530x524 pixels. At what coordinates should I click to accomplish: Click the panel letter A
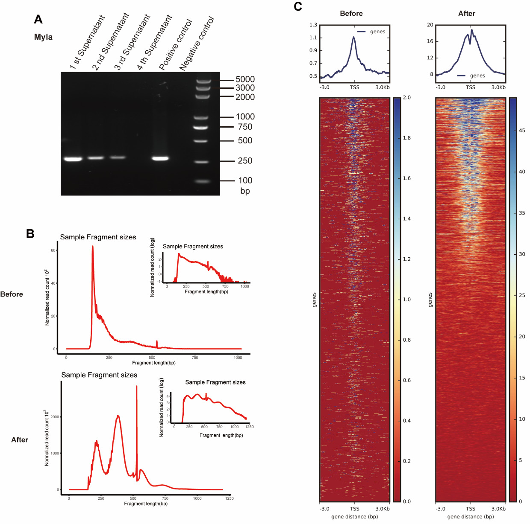coord(38,19)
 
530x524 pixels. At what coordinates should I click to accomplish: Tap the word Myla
coord(43,37)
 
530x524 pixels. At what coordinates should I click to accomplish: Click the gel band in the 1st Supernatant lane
coord(73,159)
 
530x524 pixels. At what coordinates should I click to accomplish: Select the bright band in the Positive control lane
coord(160,158)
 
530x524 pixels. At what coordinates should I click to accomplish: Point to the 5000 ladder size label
coord(245,79)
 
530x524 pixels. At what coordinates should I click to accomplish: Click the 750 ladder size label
coord(245,127)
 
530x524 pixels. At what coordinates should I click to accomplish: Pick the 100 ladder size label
coord(245,180)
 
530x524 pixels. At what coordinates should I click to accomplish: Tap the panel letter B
coord(30,233)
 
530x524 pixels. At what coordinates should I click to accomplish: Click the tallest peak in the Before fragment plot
coord(92,247)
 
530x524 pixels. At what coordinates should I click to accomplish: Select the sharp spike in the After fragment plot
coord(137,387)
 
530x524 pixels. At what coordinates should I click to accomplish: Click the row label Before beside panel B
coord(12,294)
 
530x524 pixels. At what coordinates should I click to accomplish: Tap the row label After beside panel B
coord(20,440)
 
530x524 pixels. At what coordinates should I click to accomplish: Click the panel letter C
coord(298,6)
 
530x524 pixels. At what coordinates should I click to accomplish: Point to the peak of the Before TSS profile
coord(354,37)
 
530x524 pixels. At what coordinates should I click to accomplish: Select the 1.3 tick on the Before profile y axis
coord(313,25)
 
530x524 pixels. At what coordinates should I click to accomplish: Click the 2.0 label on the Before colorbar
coord(406,97)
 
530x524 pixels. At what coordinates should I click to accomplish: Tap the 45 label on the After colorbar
coord(522,131)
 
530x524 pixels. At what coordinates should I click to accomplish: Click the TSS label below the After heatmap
coord(471,509)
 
